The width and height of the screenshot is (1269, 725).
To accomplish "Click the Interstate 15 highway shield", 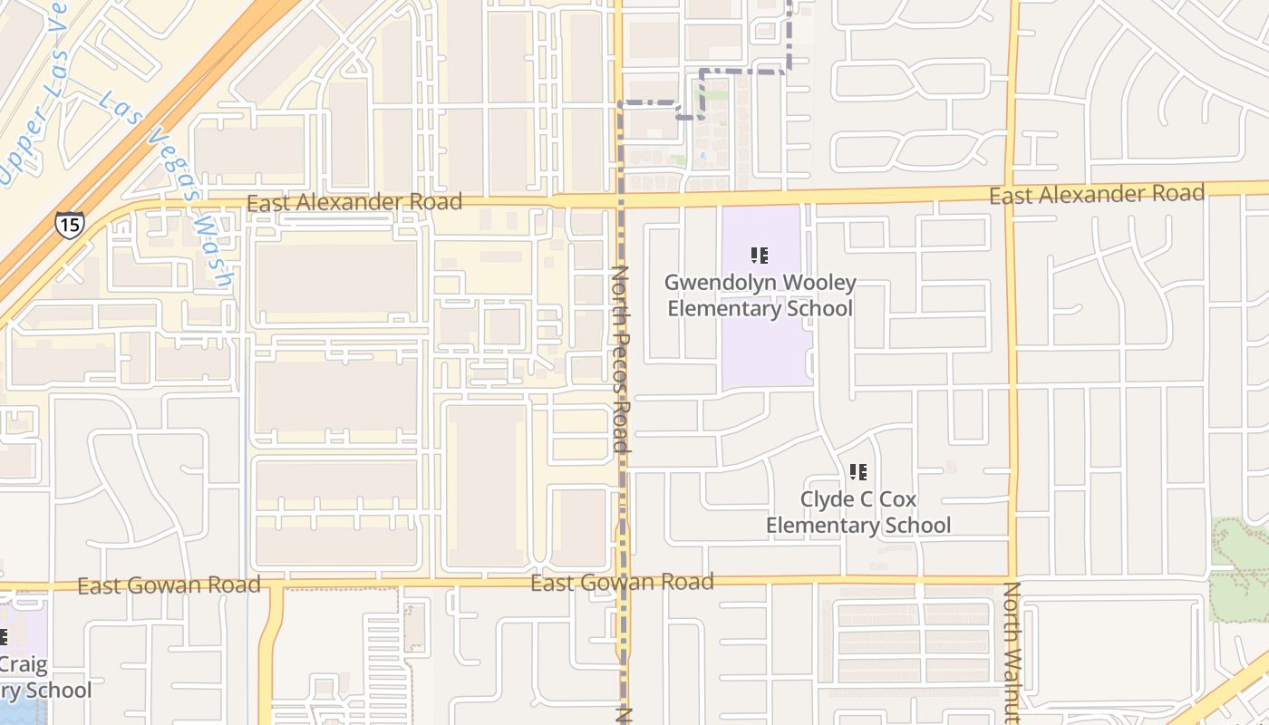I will pyautogui.click(x=68, y=224).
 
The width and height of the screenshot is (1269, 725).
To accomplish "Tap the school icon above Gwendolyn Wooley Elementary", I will pyautogui.click(x=760, y=256).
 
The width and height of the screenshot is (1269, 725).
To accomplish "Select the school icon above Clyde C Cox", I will pyautogui.click(x=857, y=472).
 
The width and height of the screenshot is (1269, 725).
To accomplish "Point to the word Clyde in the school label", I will pyautogui.click(x=827, y=499).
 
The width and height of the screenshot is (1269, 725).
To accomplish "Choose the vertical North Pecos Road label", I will pyautogui.click(x=621, y=359).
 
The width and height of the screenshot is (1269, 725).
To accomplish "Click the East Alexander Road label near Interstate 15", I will pyautogui.click(x=354, y=202).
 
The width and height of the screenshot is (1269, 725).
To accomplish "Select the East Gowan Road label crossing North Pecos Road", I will pyautogui.click(x=622, y=582).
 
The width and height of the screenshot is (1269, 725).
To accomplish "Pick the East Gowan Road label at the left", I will pyautogui.click(x=169, y=585).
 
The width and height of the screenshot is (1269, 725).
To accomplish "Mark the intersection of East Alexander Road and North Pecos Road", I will pyautogui.click(x=621, y=199).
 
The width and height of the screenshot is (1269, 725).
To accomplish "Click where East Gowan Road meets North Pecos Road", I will pyautogui.click(x=623, y=580).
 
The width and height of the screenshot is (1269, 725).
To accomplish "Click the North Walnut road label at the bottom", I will pyautogui.click(x=1011, y=652).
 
